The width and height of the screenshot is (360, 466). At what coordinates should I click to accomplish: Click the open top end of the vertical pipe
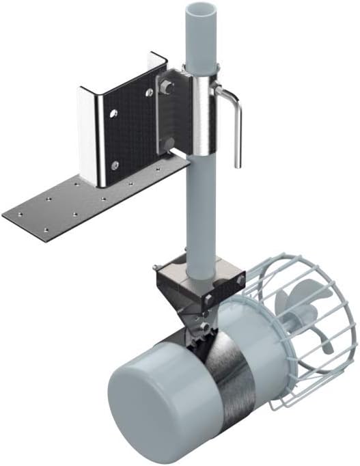(x=202, y=10)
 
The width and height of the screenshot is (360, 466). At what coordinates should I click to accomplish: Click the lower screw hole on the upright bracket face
(x=114, y=164)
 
